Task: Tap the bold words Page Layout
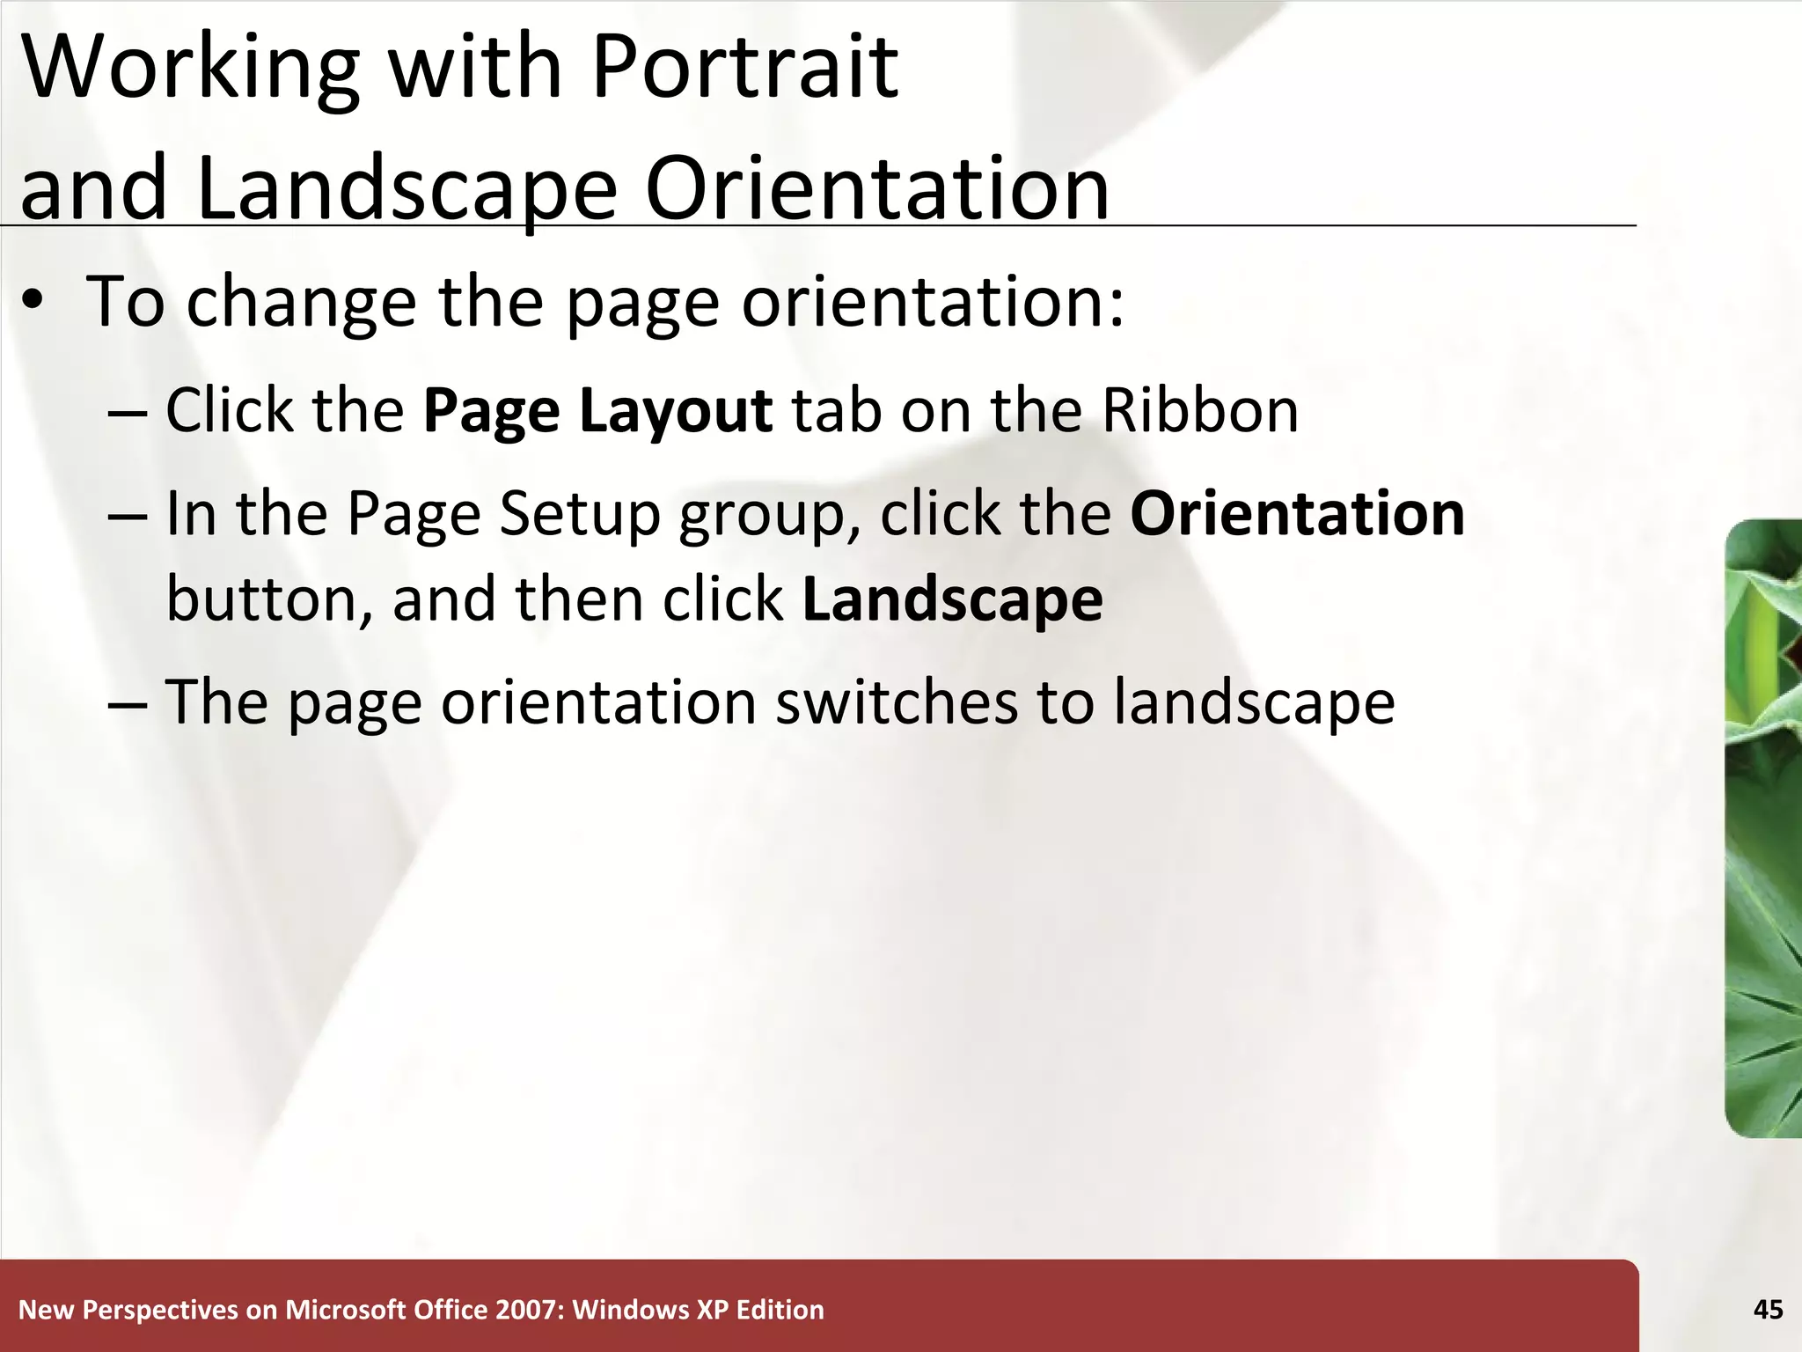tap(597, 411)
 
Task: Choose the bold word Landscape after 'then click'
tap(952, 599)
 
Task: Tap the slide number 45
tap(1768, 1310)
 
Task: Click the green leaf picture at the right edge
tap(1764, 827)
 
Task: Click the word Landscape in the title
tap(407, 188)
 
